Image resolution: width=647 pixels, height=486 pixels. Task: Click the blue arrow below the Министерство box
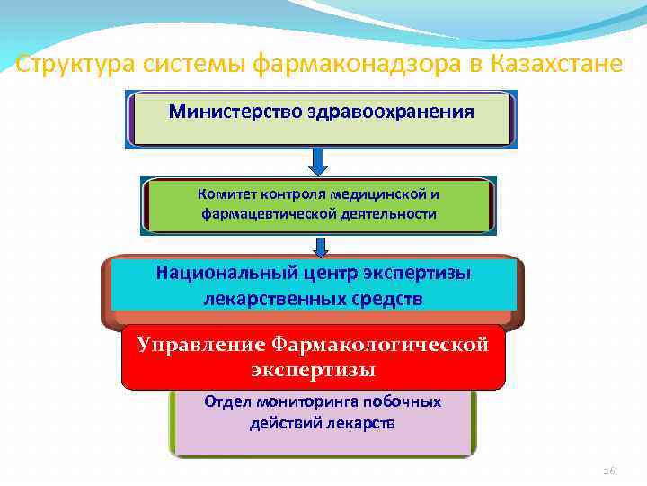(321, 163)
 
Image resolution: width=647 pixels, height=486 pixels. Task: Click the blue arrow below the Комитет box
(321, 245)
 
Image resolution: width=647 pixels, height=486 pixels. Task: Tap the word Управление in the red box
(199, 344)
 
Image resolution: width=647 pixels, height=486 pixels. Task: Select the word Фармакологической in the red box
(378, 344)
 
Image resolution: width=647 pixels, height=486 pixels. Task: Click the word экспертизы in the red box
(314, 370)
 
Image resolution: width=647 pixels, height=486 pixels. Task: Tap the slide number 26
(609, 469)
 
